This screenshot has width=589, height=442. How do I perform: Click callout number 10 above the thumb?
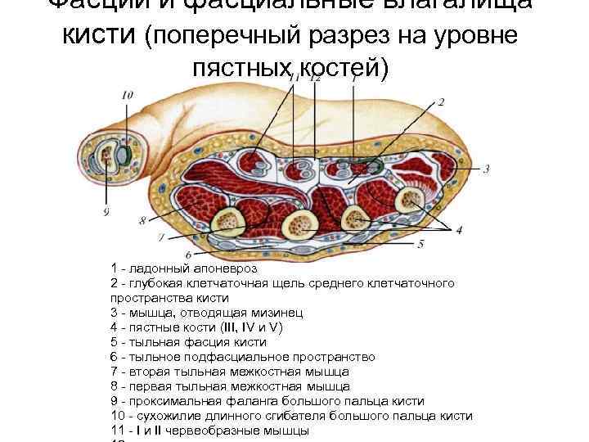point(127,96)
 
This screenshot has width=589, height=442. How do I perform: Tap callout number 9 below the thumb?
point(106,214)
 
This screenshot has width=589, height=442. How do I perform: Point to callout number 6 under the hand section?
point(190,256)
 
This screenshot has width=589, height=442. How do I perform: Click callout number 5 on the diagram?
point(420,244)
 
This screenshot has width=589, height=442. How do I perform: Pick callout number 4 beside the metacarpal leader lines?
point(459,230)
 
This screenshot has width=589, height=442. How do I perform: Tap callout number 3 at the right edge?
point(486,169)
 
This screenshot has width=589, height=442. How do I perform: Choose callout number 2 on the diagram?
point(442,102)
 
